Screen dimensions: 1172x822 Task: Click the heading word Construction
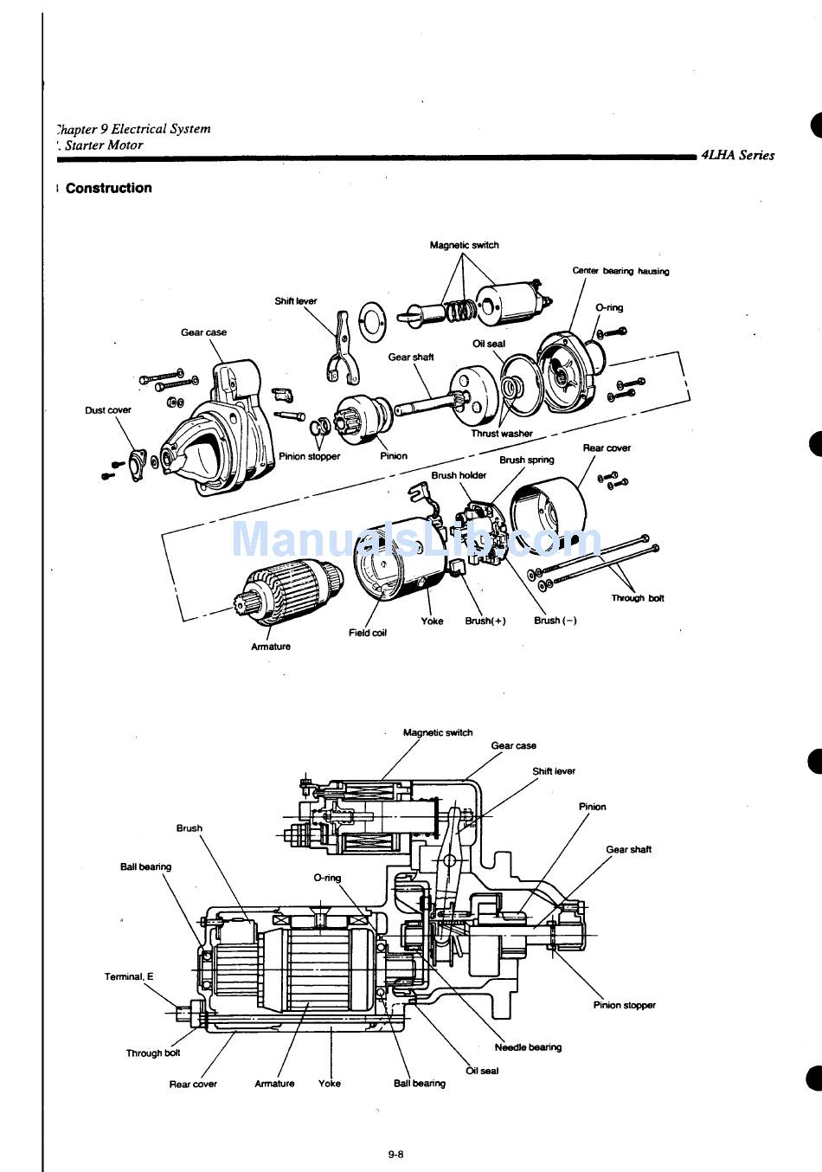[108, 188]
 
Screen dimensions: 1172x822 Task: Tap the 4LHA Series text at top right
[737, 156]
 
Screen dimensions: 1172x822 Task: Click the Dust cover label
[108, 410]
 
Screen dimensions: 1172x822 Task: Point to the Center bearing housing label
[620, 271]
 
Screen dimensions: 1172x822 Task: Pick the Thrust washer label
[502, 434]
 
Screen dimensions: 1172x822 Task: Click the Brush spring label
[527, 460]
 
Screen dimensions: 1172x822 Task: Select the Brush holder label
[459, 475]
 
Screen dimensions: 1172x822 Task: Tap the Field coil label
[368, 633]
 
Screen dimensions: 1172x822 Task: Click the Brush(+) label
[485, 621]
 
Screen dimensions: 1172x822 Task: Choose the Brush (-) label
[555, 621]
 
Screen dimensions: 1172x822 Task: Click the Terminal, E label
[129, 976]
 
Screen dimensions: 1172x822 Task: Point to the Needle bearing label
[528, 1047]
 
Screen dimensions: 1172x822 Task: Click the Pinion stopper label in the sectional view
[624, 1005]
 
